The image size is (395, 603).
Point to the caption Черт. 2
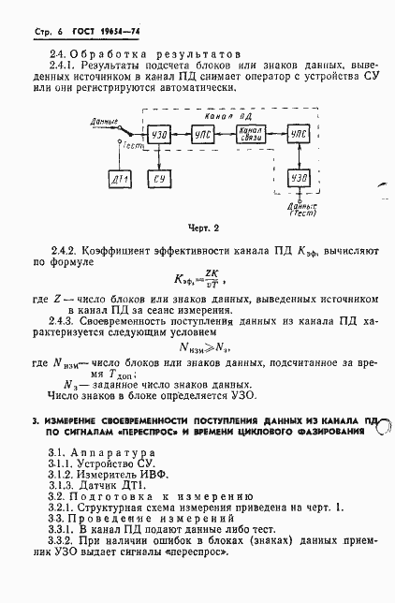[x=202, y=228]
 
